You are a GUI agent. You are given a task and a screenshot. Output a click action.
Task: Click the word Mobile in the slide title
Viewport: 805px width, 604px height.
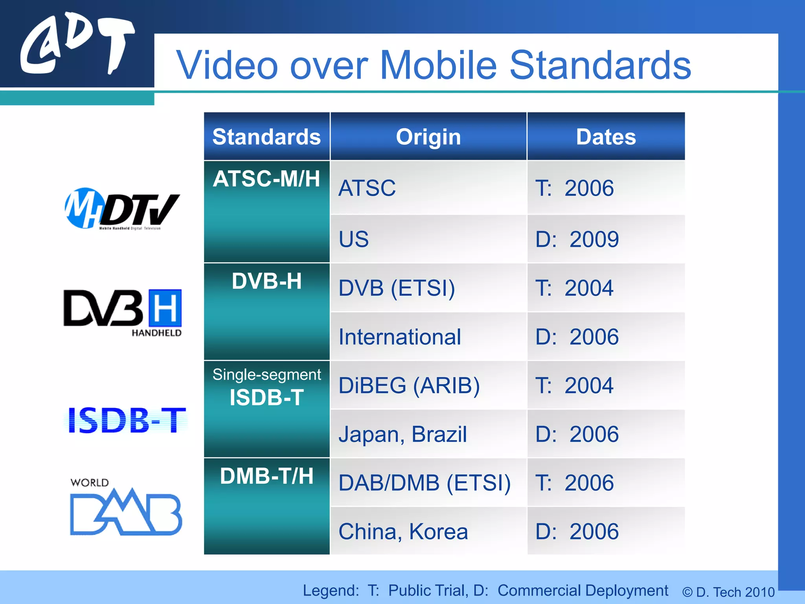438,65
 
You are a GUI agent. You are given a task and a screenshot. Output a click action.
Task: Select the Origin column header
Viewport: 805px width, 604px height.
428,137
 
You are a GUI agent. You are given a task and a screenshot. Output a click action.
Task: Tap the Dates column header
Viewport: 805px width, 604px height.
606,137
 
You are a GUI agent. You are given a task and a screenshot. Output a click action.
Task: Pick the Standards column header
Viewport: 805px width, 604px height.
266,137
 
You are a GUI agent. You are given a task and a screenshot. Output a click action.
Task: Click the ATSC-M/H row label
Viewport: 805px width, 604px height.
266,179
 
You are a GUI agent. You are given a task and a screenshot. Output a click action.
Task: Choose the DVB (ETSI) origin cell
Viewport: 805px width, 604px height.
397,288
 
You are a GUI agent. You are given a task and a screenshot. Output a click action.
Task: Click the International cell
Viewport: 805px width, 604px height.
400,337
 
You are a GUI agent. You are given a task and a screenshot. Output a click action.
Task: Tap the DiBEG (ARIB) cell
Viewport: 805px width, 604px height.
409,385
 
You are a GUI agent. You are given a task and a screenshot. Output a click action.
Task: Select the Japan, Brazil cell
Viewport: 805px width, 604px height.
402,434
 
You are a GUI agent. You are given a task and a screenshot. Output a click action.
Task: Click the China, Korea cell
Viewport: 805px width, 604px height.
403,532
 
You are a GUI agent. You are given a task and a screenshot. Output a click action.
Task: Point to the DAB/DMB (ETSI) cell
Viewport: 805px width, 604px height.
425,483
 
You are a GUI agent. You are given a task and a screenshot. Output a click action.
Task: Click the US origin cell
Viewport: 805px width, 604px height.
354,239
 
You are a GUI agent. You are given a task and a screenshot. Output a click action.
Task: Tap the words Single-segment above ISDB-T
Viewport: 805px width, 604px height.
266,374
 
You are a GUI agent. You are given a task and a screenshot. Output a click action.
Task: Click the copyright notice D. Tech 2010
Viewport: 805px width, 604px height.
728,592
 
